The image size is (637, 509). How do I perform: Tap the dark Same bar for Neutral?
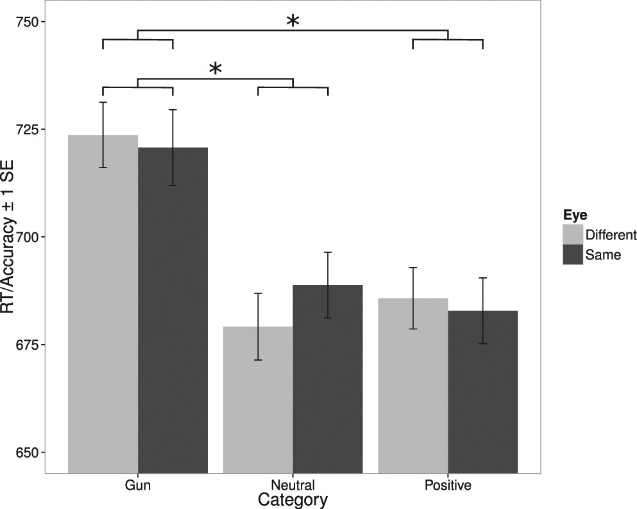point(328,379)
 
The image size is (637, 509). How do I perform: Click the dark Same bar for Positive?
point(482,392)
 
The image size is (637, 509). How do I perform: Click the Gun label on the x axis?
point(138,485)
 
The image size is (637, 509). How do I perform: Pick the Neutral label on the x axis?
point(293,485)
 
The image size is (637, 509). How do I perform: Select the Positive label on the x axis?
point(448,485)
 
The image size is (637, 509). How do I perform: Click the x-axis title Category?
point(293,499)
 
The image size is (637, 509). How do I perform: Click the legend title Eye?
point(572,215)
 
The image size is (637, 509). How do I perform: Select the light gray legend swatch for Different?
point(573,234)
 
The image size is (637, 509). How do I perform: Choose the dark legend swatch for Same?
point(573,254)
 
